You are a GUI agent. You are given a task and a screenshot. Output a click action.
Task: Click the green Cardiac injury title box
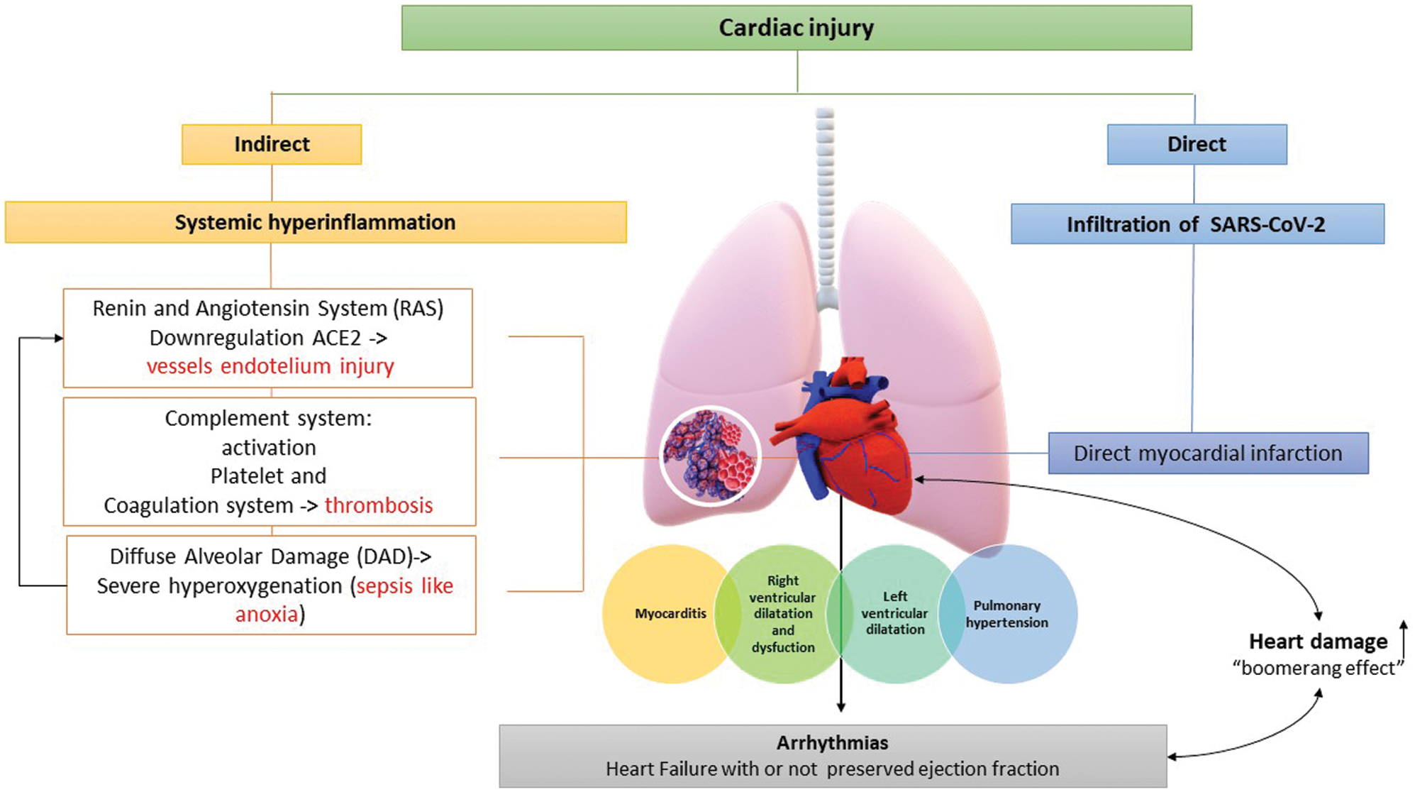(796, 28)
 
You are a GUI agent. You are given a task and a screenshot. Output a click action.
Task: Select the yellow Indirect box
(272, 145)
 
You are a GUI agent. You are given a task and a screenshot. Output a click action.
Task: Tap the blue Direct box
(1197, 145)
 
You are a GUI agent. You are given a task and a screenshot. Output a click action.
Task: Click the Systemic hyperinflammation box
(316, 223)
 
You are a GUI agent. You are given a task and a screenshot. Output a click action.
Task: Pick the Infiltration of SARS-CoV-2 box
(1197, 225)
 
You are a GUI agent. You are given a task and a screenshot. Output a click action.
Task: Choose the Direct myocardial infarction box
(1208, 453)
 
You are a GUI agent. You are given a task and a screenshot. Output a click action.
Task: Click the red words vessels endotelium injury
(270, 367)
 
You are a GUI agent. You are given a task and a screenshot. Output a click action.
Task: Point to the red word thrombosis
(379, 505)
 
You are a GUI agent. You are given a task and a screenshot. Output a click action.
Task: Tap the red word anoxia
(267, 614)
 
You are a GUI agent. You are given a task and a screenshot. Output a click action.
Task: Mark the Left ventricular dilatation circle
(894, 613)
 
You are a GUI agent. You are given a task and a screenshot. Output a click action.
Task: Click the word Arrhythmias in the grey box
(832, 743)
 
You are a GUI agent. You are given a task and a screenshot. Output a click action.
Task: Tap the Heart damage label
(1318, 642)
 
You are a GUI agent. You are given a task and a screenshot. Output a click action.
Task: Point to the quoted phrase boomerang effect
(1318, 669)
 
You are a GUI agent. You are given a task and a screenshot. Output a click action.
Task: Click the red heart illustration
(851, 447)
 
